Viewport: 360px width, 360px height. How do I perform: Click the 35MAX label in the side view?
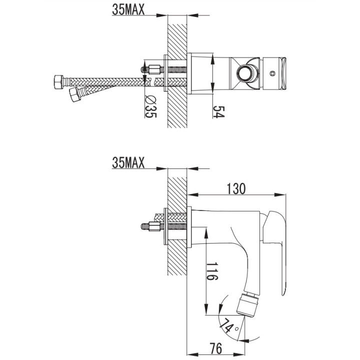128,162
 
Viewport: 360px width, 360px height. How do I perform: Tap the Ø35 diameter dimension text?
148,105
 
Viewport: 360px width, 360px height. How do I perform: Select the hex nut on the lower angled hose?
74,94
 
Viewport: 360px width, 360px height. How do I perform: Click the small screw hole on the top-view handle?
272,73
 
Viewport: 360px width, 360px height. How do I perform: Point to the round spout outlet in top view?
245,73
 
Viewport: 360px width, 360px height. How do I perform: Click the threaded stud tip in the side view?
143,226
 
